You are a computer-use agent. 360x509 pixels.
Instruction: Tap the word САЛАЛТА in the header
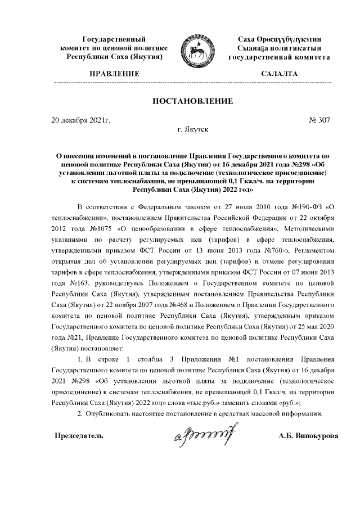click(x=279, y=74)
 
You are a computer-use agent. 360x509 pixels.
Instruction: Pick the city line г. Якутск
click(x=192, y=129)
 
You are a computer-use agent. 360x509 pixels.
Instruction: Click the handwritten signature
click(x=204, y=433)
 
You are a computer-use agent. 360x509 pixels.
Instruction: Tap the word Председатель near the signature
click(x=79, y=436)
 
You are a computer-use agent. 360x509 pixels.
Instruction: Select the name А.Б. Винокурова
click(x=308, y=436)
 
